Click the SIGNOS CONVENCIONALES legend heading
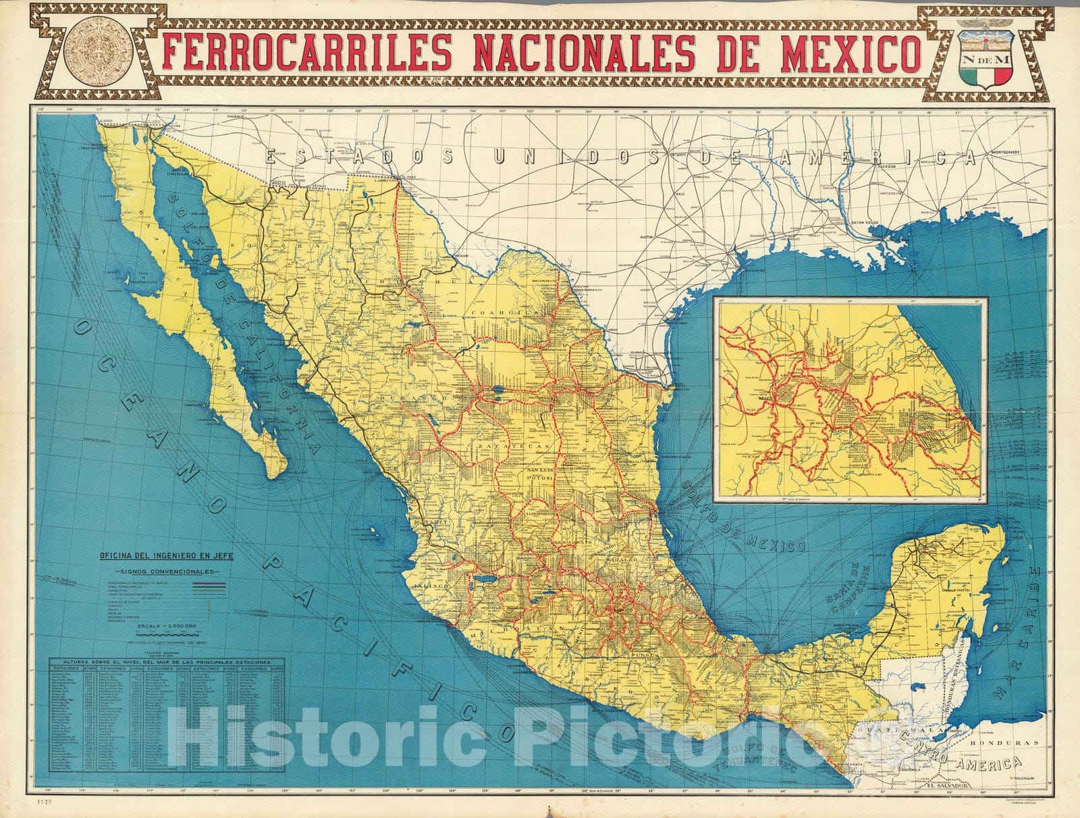[166, 571]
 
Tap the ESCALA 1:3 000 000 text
[167, 626]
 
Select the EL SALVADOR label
[948, 786]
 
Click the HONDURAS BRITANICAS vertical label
[963, 676]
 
